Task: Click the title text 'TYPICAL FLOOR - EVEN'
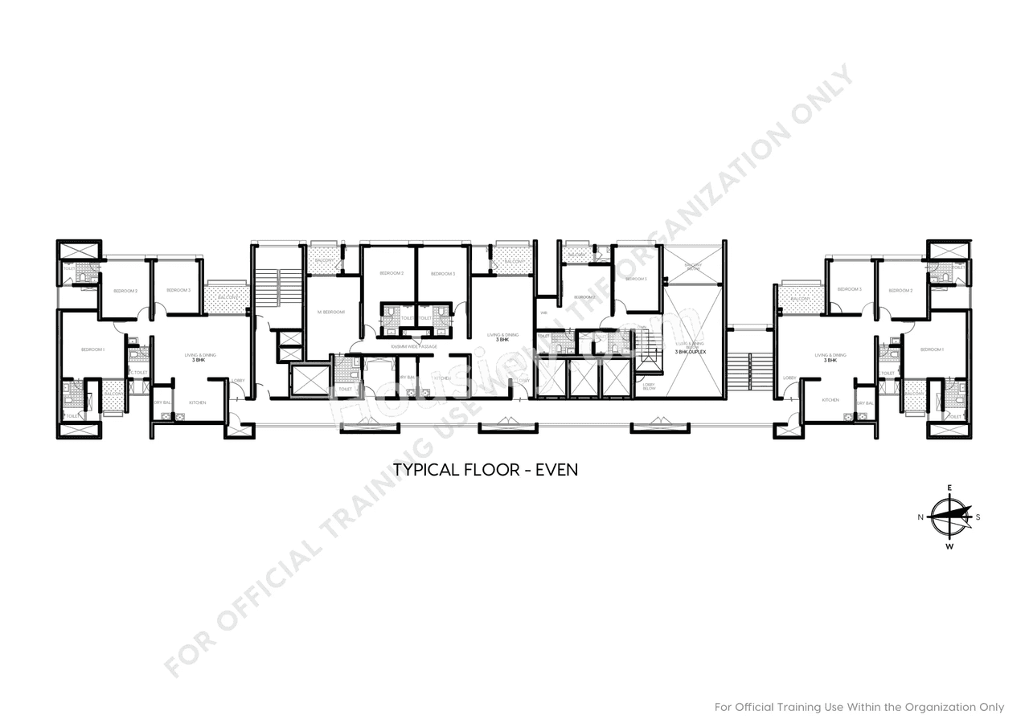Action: pyautogui.click(x=485, y=470)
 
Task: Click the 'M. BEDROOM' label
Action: pyautogui.click(x=331, y=312)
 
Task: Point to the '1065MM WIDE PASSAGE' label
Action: pyautogui.click(x=413, y=346)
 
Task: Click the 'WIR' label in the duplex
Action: pyautogui.click(x=544, y=312)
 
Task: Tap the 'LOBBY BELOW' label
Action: pyautogui.click(x=649, y=386)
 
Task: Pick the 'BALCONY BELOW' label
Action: pyautogui.click(x=693, y=267)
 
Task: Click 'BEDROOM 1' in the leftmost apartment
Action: pyautogui.click(x=93, y=349)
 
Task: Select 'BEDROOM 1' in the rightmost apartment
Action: pyautogui.click(x=932, y=349)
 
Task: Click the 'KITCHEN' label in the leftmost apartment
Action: pyautogui.click(x=198, y=402)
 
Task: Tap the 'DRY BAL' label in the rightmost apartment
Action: pyautogui.click(x=865, y=403)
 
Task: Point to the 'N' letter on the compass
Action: pyautogui.click(x=920, y=517)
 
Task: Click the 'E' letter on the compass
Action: pyautogui.click(x=949, y=488)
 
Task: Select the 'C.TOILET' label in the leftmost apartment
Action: pyautogui.click(x=138, y=373)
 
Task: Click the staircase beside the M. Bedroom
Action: pyautogui.click(x=267, y=286)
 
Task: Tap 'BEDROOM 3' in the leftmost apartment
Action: pyautogui.click(x=178, y=290)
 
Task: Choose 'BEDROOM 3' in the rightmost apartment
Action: pyautogui.click(x=849, y=289)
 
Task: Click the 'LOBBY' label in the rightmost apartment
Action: pyautogui.click(x=789, y=378)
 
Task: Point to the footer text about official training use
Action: pyautogui.click(x=859, y=707)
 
